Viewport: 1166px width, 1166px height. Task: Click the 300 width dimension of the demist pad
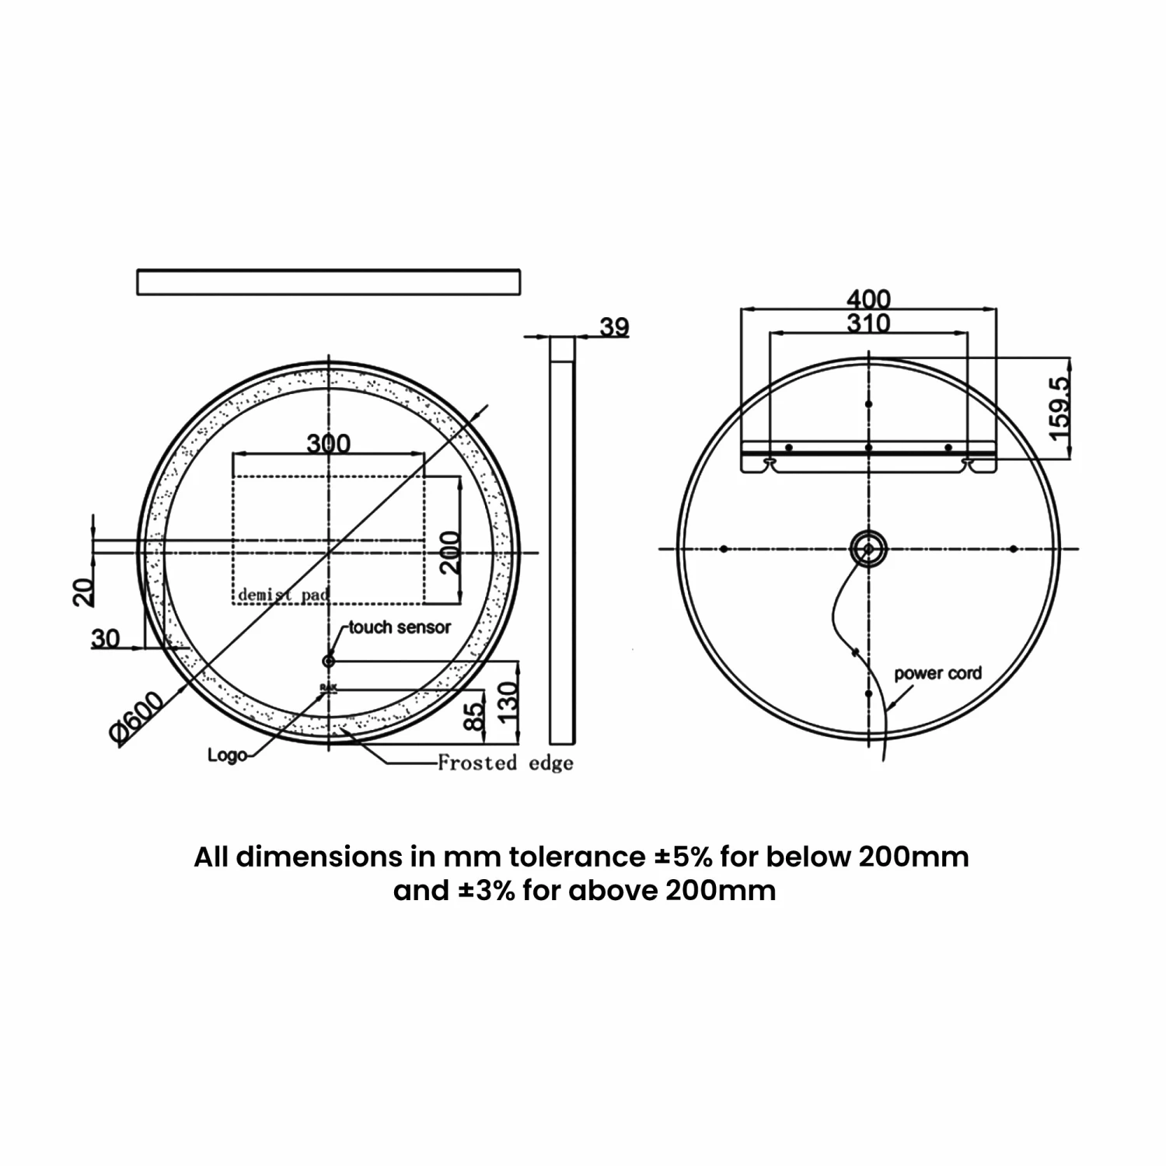[x=328, y=443]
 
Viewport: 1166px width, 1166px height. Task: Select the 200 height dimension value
[x=451, y=553]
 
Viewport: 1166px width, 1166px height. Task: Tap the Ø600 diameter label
[x=138, y=718]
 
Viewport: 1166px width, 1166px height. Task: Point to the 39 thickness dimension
[x=613, y=326]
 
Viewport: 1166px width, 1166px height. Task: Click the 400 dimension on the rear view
[x=868, y=298]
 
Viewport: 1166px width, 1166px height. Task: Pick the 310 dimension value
[x=868, y=323]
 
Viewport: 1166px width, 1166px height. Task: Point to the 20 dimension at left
[x=85, y=592]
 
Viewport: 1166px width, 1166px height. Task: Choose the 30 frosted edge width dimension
[x=106, y=638]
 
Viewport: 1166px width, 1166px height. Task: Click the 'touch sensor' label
[x=400, y=627]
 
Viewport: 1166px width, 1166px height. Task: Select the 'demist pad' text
[x=284, y=595]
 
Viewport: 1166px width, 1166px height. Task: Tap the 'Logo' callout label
[x=227, y=754]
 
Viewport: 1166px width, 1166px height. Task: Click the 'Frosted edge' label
[x=505, y=763]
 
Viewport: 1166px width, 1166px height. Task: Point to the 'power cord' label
[x=937, y=673]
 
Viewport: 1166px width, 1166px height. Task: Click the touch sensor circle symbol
[x=328, y=661]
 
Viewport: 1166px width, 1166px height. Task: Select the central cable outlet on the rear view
[x=868, y=550]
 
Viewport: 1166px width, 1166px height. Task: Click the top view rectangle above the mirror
[x=328, y=282]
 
